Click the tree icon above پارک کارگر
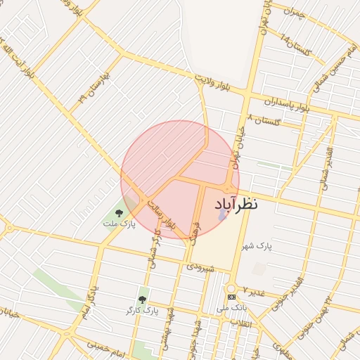(143, 299)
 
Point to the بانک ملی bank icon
(231, 297)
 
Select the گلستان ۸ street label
(264, 120)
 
